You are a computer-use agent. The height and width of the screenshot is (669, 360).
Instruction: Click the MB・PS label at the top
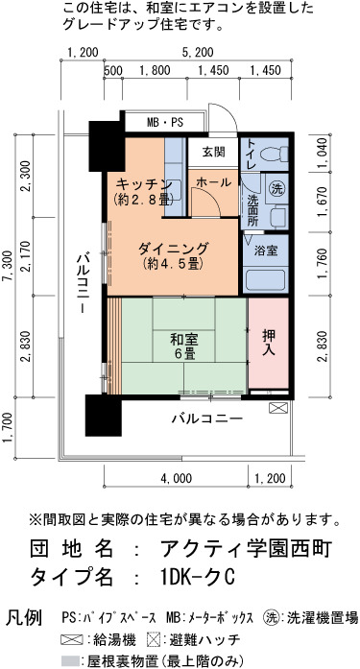pos(165,123)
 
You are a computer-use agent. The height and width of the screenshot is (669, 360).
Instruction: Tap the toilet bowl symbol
pos(274,154)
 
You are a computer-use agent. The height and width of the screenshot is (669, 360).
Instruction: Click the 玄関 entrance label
pos(214,152)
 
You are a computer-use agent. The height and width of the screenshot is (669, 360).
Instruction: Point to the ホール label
pos(213,182)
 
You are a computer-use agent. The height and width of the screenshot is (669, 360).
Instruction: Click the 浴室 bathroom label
pos(266,251)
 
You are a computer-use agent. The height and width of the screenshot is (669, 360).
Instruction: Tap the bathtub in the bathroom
pos(265,279)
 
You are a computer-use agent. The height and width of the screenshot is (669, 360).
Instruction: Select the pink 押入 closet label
pos(269,344)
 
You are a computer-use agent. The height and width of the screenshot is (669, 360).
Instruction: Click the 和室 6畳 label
pos(184,346)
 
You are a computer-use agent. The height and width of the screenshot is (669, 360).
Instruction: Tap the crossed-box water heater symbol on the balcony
pos(278,408)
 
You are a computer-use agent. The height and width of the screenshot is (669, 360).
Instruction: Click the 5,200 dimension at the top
pos(198,53)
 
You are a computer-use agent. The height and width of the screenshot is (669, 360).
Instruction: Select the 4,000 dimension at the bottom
pos(177,478)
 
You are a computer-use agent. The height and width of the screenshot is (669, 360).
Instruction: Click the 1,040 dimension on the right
pos(323,153)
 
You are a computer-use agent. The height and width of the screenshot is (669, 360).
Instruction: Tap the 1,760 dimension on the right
pos(323,264)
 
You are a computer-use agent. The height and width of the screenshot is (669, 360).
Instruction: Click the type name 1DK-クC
pos(197,578)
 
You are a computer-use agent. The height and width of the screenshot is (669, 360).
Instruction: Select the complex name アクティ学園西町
pos(246,549)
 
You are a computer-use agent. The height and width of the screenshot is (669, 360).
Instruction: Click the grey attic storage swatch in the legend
pos(71,661)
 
